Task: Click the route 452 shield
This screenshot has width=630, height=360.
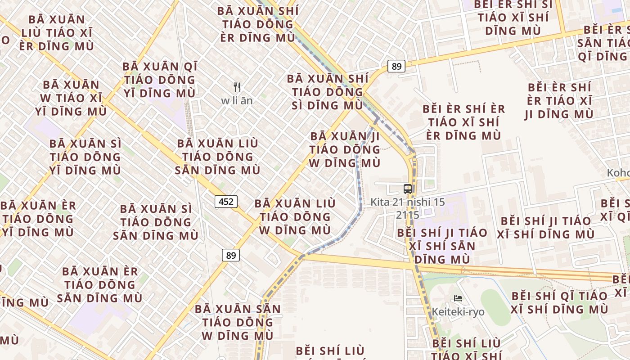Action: [225, 201]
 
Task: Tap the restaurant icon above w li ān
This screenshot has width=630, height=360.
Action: [237, 87]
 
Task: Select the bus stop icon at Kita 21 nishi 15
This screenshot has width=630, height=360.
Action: [408, 189]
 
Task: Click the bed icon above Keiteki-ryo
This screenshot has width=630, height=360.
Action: [458, 298]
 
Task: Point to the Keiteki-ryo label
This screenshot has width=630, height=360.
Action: [458, 311]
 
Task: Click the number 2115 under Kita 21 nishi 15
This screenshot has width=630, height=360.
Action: [408, 215]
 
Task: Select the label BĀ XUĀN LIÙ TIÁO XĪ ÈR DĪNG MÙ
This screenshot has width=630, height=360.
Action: [57, 33]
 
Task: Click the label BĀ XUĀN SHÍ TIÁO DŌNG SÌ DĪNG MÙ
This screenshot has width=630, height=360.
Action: [327, 92]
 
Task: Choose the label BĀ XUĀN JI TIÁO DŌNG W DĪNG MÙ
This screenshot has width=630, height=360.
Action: [345, 149]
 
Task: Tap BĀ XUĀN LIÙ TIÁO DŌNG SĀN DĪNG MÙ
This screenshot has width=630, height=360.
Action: [218, 157]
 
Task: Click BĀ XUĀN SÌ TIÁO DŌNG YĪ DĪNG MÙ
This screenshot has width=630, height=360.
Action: [85, 157]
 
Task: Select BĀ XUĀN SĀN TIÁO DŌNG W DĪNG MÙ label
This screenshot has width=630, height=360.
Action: [238, 322]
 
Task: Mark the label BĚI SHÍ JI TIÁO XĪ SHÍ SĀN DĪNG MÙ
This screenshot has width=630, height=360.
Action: [442, 246]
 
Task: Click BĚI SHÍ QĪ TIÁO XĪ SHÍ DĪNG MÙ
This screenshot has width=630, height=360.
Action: [559, 302]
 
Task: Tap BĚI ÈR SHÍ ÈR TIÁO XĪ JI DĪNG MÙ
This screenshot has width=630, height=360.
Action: [559, 100]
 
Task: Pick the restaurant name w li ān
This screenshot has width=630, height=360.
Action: [237, 101]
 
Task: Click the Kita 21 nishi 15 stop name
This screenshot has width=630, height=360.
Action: [408, 202]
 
